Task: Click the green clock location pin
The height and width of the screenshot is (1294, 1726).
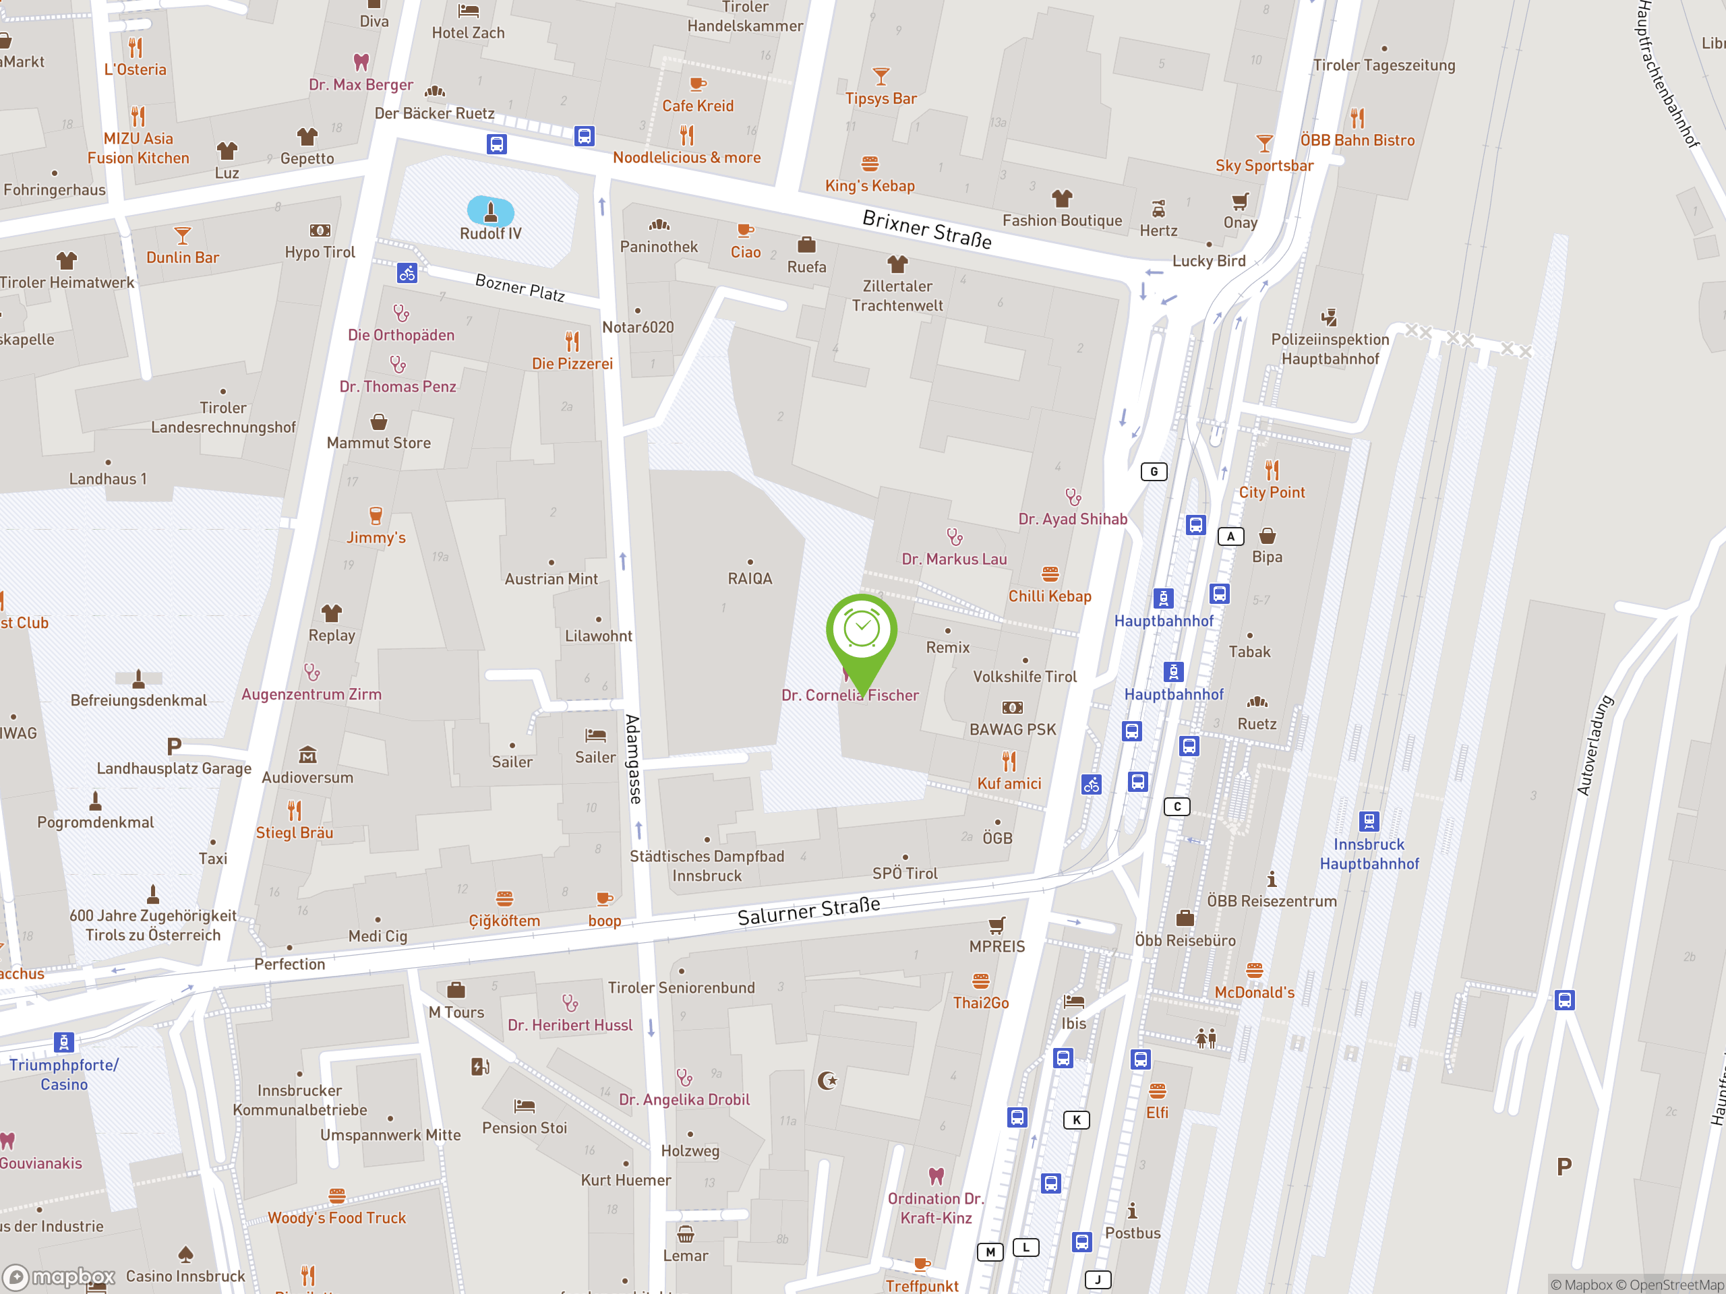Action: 862,631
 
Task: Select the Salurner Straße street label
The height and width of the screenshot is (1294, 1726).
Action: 809,911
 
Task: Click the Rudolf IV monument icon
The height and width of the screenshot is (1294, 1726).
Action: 491,210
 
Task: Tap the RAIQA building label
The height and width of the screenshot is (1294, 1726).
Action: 750,579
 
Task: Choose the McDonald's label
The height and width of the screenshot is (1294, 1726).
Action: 1254,992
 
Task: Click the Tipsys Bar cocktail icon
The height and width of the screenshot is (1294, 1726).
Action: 881,76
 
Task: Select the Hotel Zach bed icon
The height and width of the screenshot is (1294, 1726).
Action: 468,11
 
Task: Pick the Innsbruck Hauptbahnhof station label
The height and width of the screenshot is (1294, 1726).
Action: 1369,854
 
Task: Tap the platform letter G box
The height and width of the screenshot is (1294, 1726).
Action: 1154,471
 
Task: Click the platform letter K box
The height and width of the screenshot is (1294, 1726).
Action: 1077,1120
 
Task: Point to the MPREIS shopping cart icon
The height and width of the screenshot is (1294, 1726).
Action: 996,926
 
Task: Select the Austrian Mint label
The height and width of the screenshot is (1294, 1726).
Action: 551,579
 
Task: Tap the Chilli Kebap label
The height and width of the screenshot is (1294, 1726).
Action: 1050,596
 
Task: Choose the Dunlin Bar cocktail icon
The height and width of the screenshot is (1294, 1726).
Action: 183,235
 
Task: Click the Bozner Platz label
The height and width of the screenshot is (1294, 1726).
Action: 520,287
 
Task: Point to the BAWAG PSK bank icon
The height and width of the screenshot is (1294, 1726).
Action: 1012,708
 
